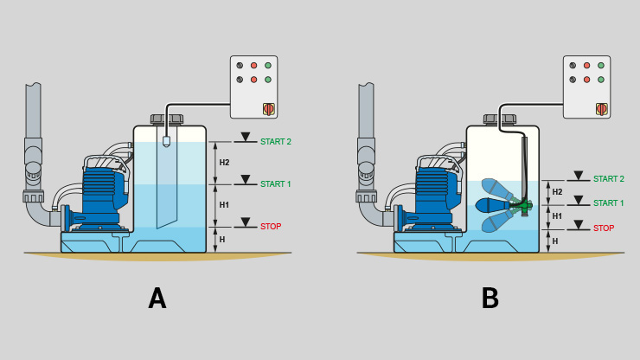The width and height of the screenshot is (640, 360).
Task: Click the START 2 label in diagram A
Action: click(x=276, y=142)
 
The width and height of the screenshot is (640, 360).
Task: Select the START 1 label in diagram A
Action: click(x=276, y=184)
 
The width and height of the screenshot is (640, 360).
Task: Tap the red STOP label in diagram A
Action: click(x=271, y=227)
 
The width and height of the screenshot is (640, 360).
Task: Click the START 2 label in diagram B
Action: click(x=609, y=179)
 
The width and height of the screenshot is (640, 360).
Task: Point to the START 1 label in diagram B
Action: click(x=609, y=203)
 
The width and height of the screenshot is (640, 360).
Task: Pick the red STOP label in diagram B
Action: click(x=604, y=228)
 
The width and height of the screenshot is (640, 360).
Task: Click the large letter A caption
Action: click(x=157, y=299)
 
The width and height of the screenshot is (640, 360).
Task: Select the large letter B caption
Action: click(x=490, y=299)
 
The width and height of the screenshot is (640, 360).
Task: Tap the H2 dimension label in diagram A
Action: click(x=224, y=163)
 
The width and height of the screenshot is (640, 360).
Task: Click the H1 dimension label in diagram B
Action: click(x=557, y=216)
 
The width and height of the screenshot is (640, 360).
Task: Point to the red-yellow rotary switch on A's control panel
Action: click(x=269, y=109)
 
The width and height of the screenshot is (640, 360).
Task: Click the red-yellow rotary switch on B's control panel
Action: click(x=602, y=109)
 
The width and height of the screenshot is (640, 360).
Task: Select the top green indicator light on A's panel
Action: click(x=268, y=66)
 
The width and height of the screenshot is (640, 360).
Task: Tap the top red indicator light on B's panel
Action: click(x=587, y=66)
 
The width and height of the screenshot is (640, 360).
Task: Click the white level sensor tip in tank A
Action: click(x=166, y=141)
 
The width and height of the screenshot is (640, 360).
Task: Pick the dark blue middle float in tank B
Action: click(x=493, y=205)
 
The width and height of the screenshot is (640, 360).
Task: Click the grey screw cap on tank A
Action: click(x=167, y=119)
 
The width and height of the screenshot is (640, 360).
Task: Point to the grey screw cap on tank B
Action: click(x=500, y=119)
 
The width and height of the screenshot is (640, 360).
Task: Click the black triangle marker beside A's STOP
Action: click(x=246, y=222)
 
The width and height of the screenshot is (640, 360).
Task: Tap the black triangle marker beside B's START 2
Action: click(x=579, y=176)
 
